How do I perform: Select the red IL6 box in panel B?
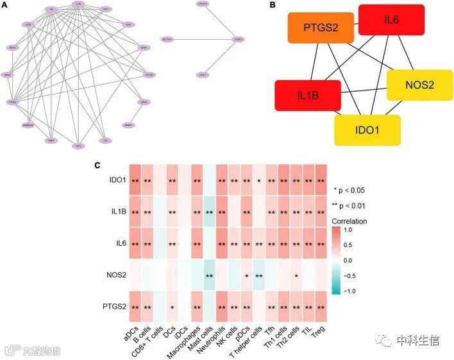pos(391,20)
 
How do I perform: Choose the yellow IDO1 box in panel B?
pos(367,130)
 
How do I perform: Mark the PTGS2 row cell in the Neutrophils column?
pos(223,307)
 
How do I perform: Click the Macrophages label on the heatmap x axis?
pos(187,340)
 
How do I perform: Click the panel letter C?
pos(97,166)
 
